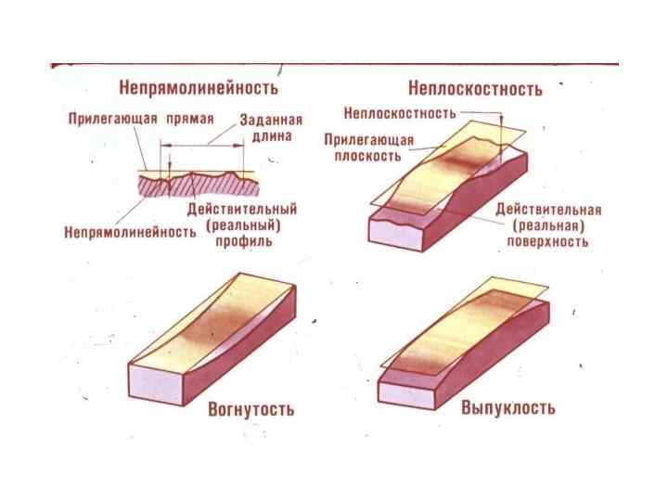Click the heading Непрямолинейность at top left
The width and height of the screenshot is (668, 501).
[199, 88]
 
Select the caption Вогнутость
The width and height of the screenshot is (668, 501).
[250, 408]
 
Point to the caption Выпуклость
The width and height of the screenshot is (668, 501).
[508, 407]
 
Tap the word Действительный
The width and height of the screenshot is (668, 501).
[241, 210]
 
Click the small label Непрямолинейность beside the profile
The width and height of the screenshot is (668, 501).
[129, 231]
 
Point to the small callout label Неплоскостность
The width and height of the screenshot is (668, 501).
[399, 113]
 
